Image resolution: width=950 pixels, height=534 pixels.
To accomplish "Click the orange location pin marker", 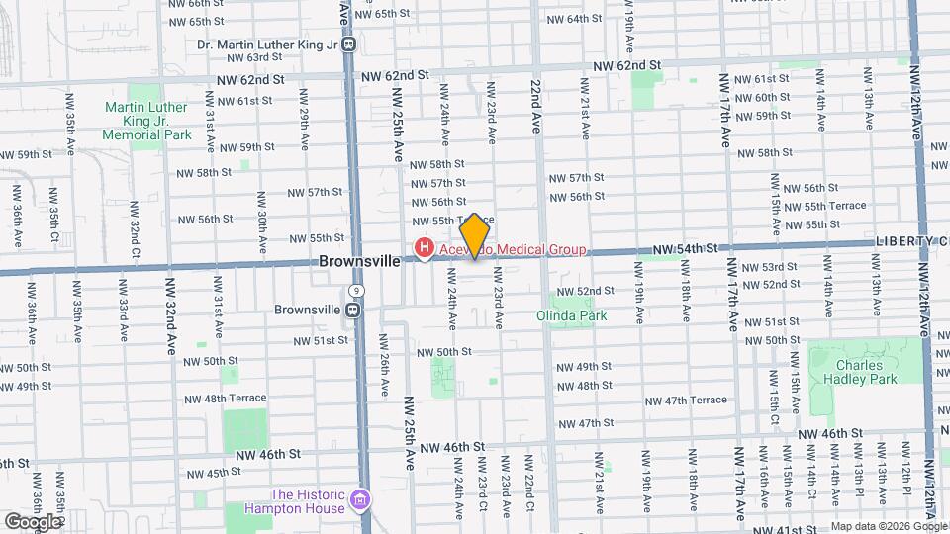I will point(475,235).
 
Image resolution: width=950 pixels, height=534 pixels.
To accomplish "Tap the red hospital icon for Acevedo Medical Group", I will point(424,247).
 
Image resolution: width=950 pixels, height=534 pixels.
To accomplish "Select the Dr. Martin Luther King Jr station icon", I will point(348,44).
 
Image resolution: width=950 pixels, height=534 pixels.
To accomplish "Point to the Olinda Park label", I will point(571,315).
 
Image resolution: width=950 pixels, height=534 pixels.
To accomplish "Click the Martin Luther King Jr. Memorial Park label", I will point(145,120).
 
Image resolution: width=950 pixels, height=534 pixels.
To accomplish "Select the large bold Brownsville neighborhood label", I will point(359,262).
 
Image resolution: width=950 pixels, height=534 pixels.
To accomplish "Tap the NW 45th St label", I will point(202,474).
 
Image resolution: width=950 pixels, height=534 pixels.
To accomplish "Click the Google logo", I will point(33,521).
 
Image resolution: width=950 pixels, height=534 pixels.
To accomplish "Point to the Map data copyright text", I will point(888,526).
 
